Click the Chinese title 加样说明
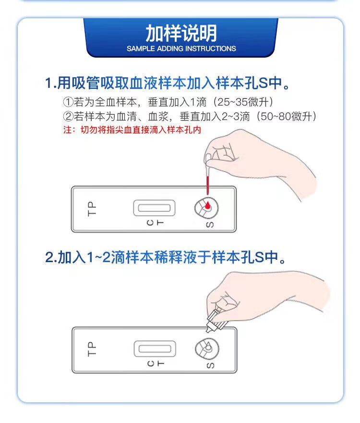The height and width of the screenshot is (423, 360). (181, 34)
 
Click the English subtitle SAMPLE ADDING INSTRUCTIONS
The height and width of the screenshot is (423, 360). (181, 48)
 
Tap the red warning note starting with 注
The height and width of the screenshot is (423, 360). (132, 130)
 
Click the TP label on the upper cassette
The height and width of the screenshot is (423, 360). (92, 208)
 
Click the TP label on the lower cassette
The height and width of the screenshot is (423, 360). (92, 349)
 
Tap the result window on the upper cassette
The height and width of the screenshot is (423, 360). (154, 208)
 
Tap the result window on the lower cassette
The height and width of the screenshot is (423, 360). (155, 349)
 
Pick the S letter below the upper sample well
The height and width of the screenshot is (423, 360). (210, 224)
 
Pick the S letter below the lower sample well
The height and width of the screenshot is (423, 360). (210, 365)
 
